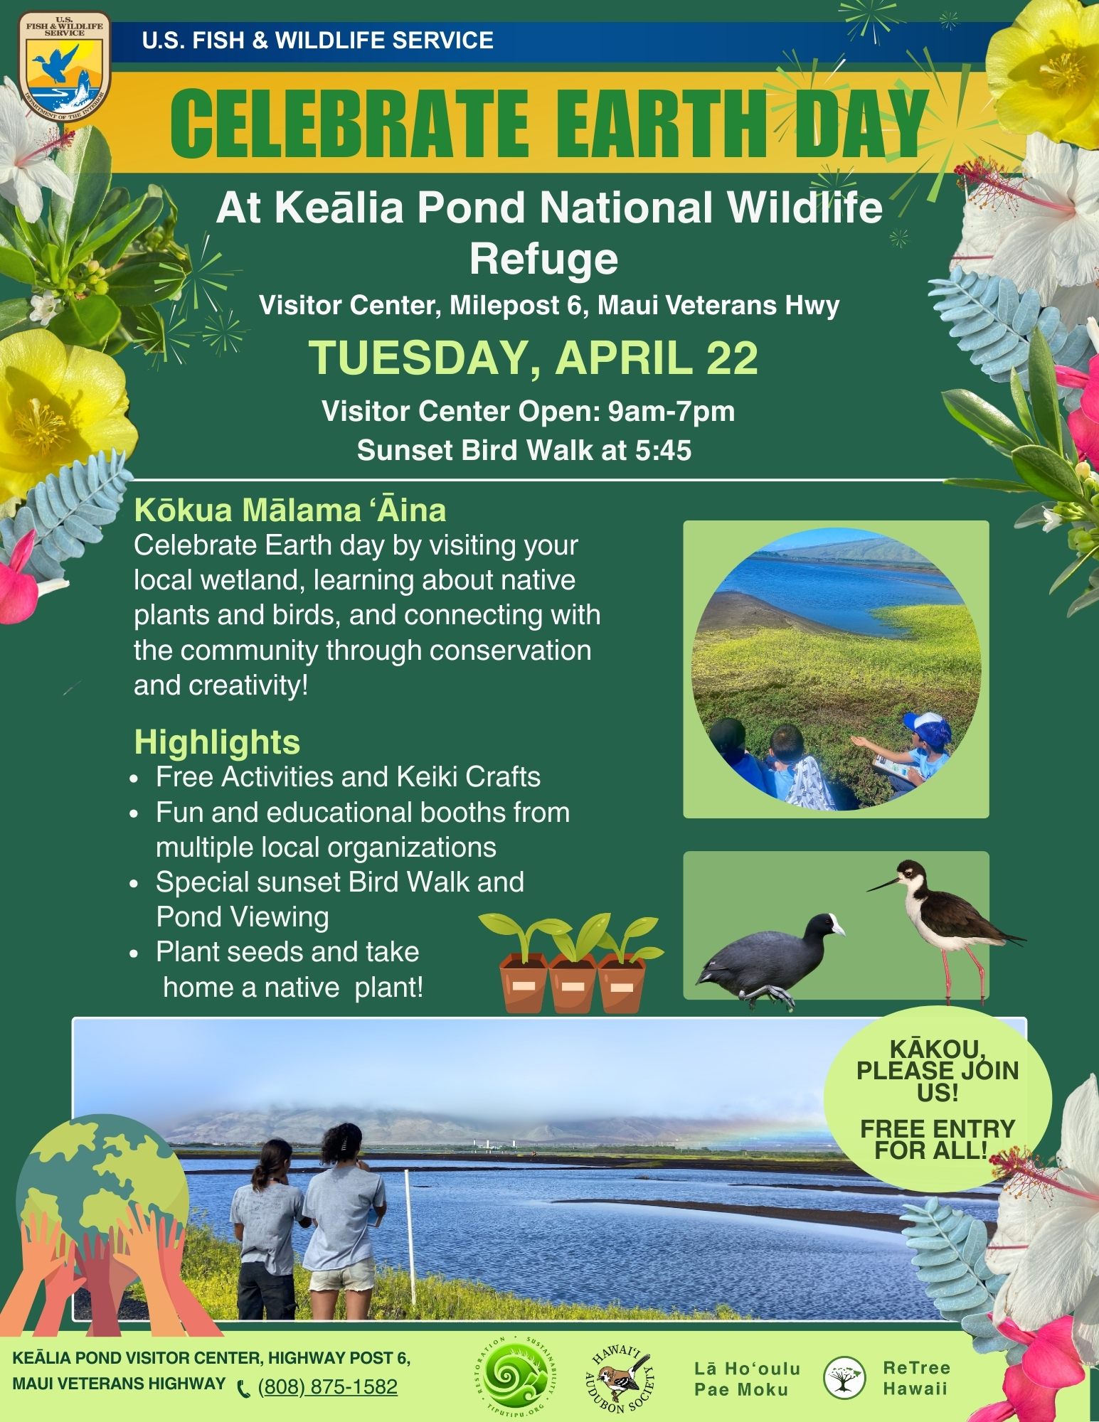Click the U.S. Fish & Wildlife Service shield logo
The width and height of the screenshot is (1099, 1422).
pos(65,67)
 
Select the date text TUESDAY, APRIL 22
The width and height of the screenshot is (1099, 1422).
pos(533,358)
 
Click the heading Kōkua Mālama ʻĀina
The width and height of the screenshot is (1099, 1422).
pos(290,510)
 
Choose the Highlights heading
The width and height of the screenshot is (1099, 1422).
pos(217,742)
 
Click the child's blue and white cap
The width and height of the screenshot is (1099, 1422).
pos(928,729)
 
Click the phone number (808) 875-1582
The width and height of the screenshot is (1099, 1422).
pos(327,1386)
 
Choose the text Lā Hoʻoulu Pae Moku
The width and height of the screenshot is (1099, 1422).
pos(747,1379)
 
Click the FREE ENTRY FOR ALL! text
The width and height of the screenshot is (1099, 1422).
pos(938,1138)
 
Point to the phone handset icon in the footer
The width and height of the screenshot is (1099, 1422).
pos(244,1388)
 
